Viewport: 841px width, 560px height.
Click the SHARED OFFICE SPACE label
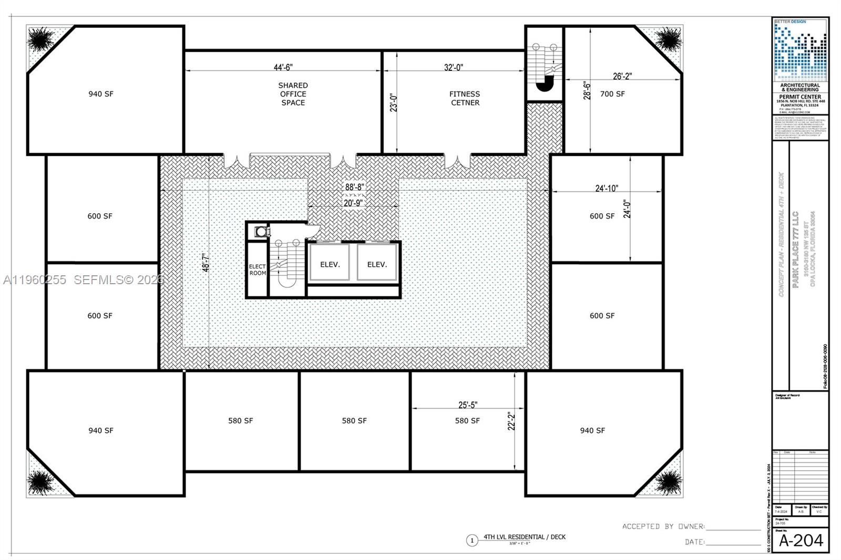tap(293, 94)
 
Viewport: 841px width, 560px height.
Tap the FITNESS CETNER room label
tap(465, 98)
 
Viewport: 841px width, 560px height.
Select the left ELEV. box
tap(330, 264)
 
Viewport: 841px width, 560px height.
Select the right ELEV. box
tap(376, 264)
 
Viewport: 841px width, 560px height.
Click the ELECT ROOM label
tap(257, 269)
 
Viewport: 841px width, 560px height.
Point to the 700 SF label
tap(612, 94)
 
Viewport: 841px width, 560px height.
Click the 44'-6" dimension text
tap(283, 67)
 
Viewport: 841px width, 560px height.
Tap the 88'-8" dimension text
tap(354, 187)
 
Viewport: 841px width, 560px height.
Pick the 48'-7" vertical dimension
tap(206, 263)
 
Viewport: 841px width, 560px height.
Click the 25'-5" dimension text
tap(468, 405)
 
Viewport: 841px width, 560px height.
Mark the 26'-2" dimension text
tap(622, 76)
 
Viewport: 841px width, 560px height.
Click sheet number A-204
tap(801, 541)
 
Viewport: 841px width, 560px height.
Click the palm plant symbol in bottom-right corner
tap(668, 482)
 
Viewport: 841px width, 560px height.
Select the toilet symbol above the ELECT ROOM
tap(260, 231)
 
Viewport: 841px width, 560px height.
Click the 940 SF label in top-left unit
tap(101, 94)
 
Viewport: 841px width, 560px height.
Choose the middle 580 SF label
tap(354, 421)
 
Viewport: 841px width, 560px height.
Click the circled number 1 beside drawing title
tap(471, 540)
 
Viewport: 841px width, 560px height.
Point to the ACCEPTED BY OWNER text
tap(663, 526)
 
